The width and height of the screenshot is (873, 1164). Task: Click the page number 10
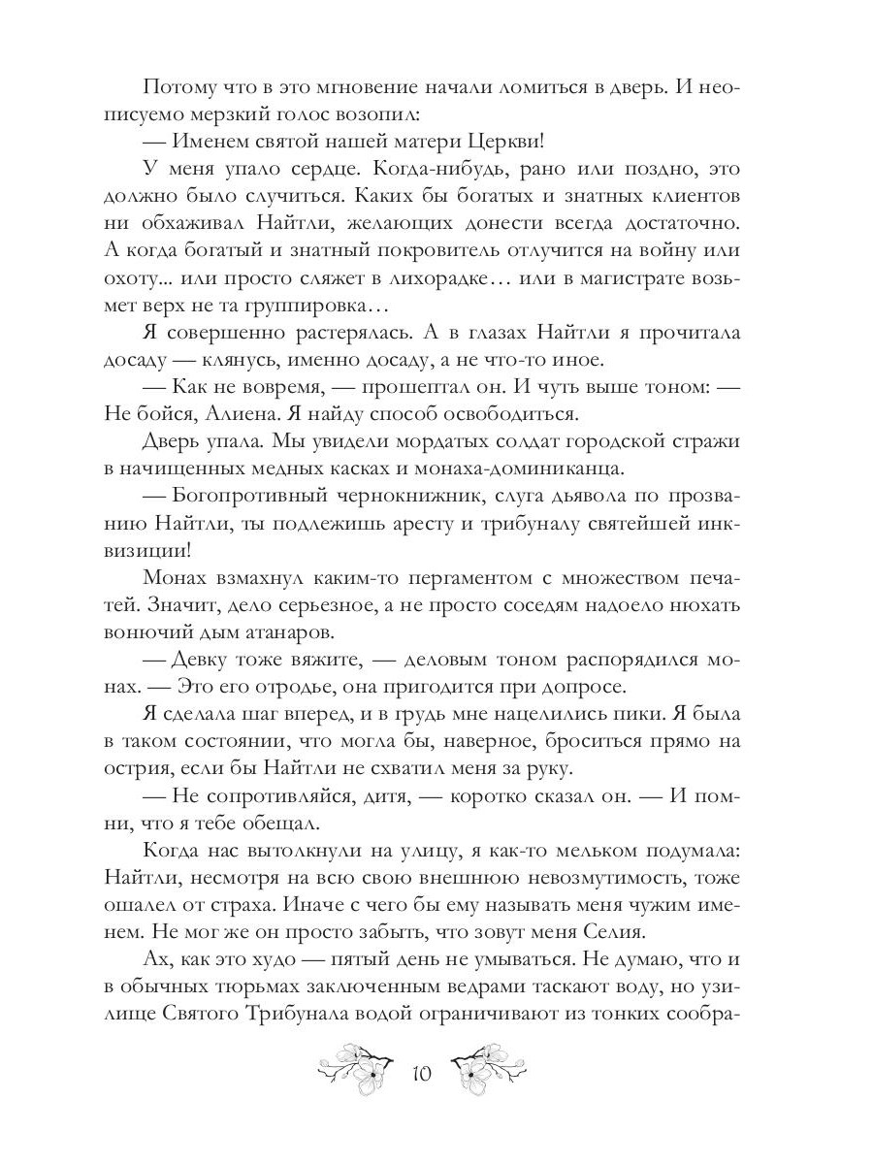pos(421,1074)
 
